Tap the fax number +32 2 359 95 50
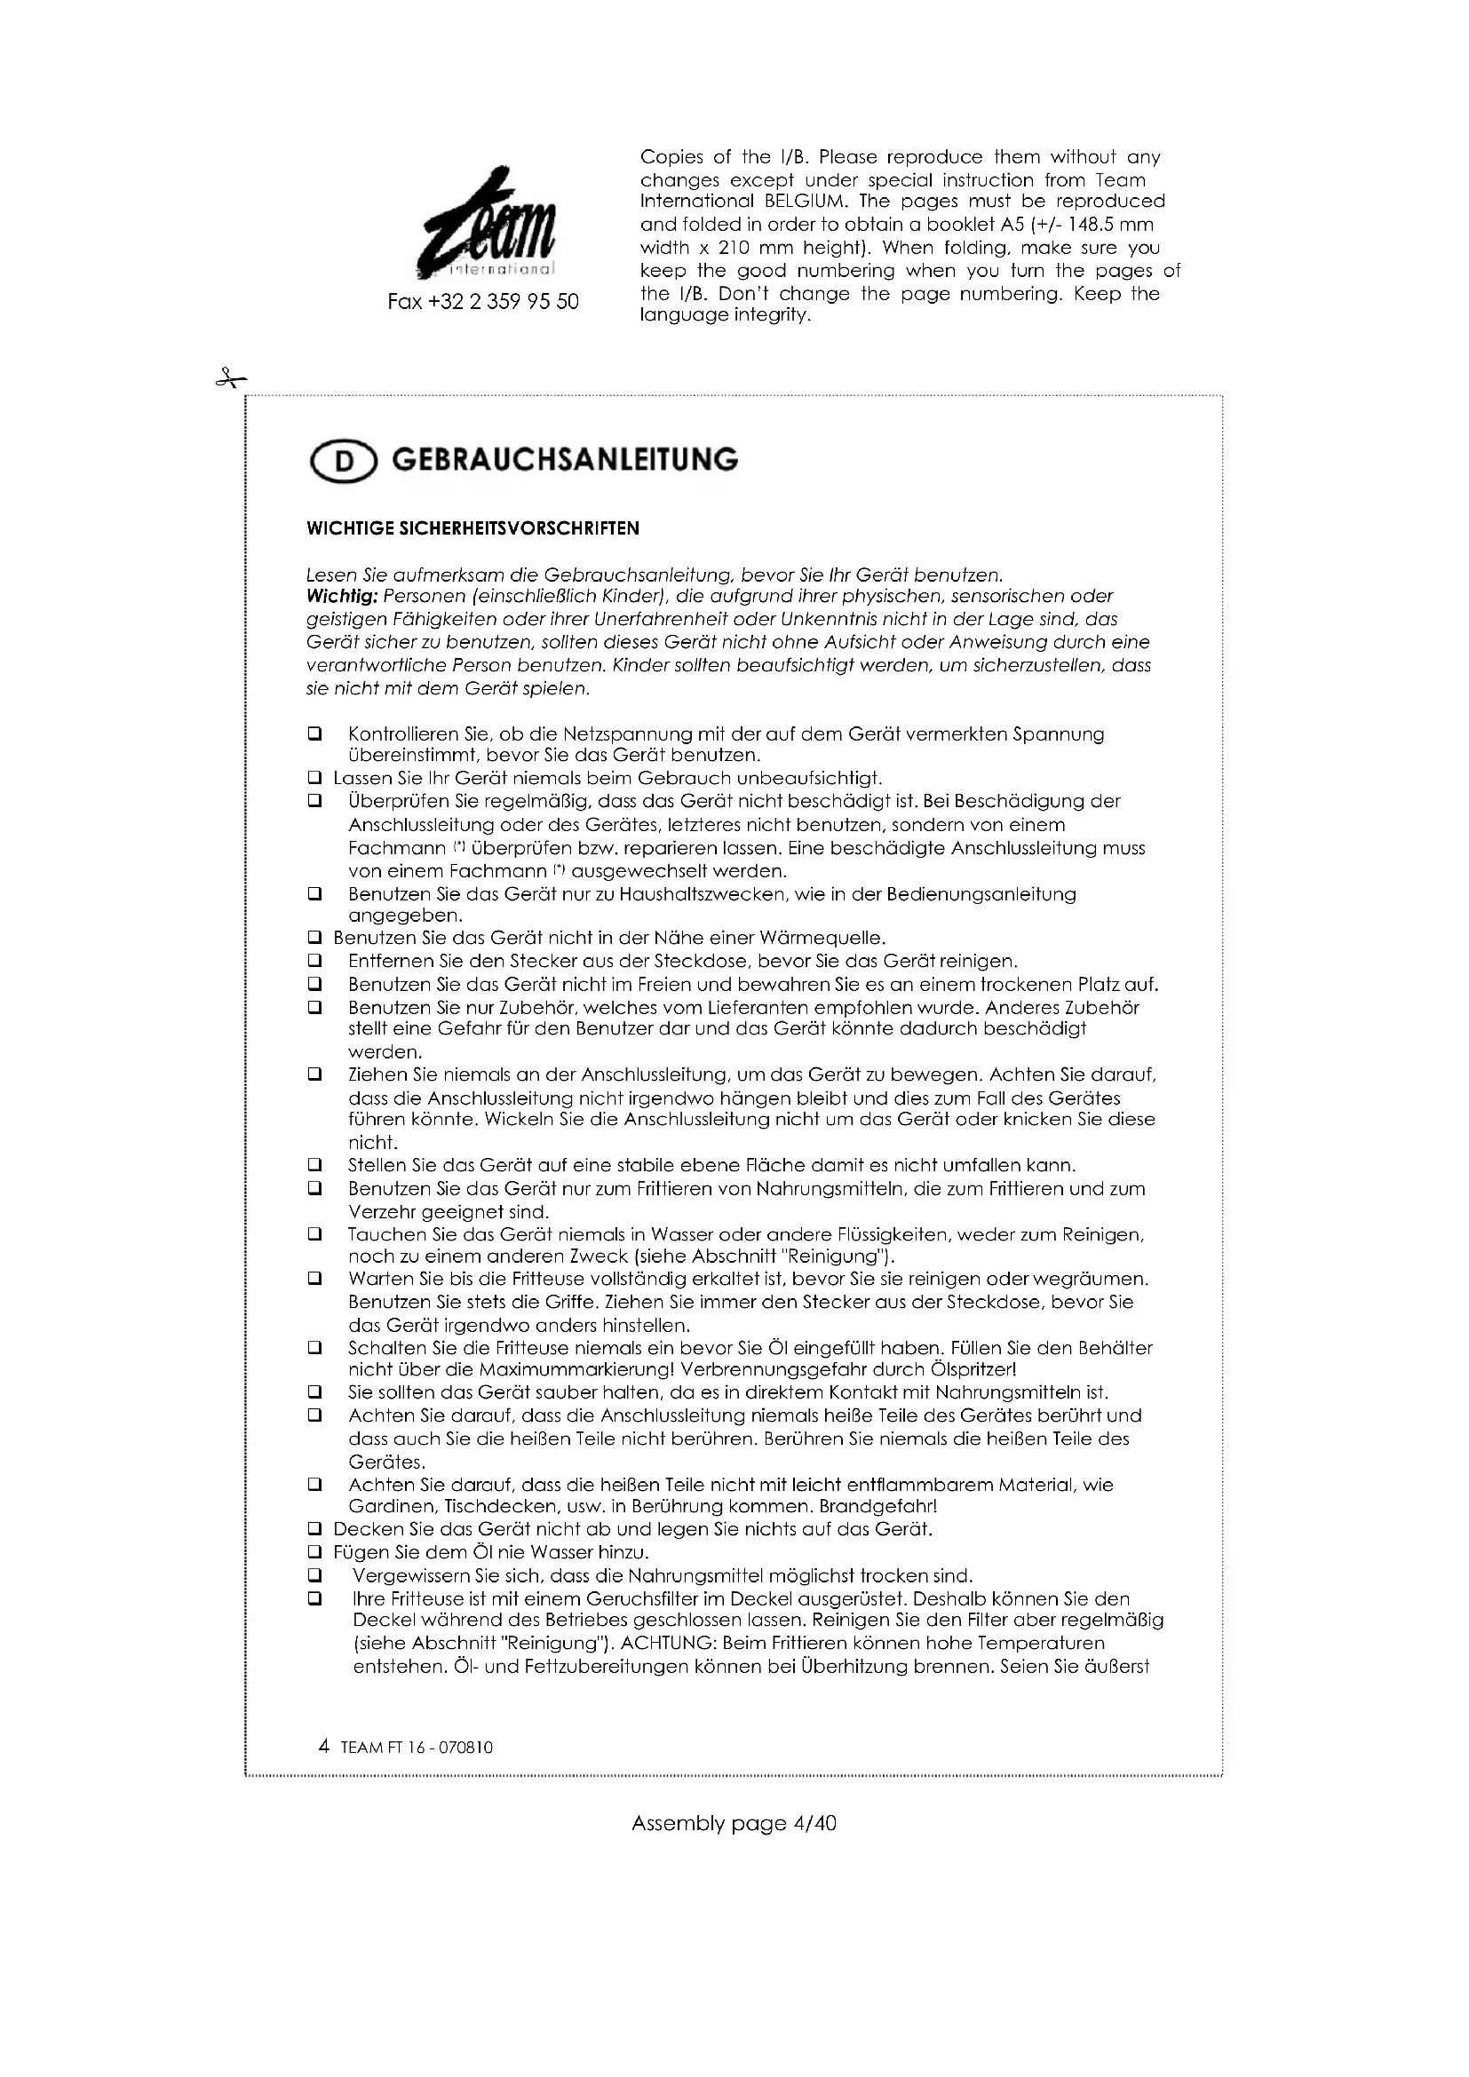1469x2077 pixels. pyautogui.click(x=483, y=302)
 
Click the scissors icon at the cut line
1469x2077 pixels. pyautogui.click(x=231, y=379)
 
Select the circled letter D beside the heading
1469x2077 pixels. pyautogui.click(x=343, y=463)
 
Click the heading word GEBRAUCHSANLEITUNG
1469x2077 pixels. pyautogui.click(x=565, y=461)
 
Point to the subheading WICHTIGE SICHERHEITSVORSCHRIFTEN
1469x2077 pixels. pyautogui.click(x=473, y=529)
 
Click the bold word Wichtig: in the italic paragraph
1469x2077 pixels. pyautogui.click(x=343, y=597)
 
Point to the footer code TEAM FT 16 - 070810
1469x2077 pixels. pyautogui.click(x=417, y=1748)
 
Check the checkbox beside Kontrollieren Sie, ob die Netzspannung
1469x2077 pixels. pyautogui.click(x=314, y=734)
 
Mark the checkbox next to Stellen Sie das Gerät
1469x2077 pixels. pyautogui.click(x=314, y=1166)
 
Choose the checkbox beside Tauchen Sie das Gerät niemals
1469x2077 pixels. pyautogui.click(x=314, y=1235)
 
